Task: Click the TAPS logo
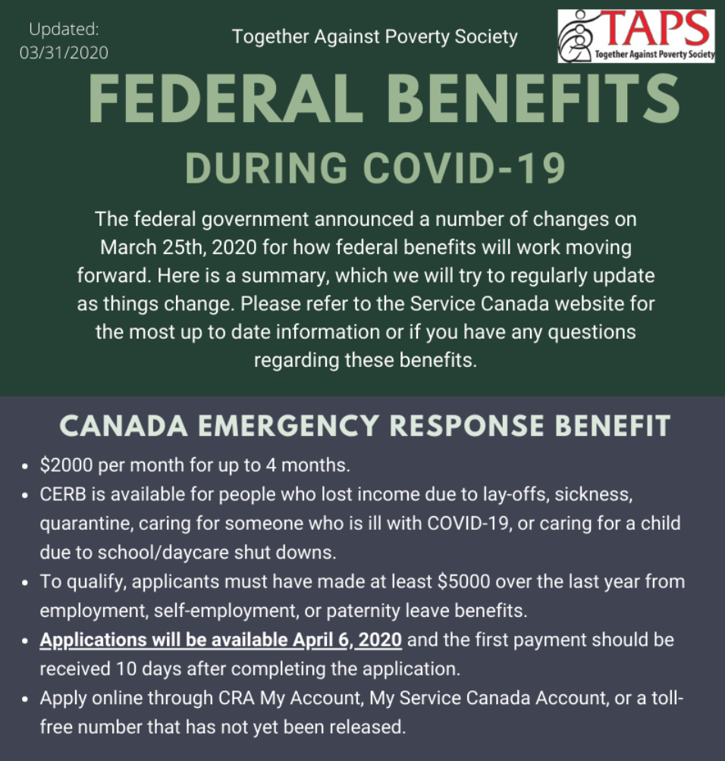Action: [636, 36]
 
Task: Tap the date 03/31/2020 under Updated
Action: [64, 52]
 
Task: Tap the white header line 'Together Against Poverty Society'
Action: [375, 36]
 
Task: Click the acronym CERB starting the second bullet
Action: [61, 494]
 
